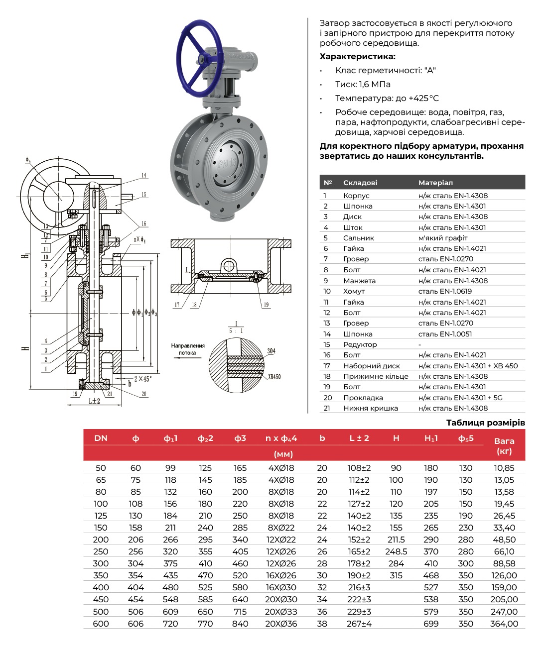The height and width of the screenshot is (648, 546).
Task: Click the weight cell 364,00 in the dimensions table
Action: point(504,624)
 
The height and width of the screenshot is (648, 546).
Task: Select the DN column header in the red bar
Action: point(101,438)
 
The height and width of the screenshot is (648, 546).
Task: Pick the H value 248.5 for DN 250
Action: point(396,551)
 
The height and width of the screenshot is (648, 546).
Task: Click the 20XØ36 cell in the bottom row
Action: point(281,624)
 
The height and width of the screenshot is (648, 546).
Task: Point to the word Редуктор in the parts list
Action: point(360,344)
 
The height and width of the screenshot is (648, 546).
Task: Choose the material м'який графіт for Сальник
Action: point(443,238)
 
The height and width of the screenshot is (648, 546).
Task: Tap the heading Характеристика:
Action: point(357,56)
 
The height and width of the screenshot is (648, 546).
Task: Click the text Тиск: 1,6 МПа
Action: point(363,84)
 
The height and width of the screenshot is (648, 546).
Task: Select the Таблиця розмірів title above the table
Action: point(485,423)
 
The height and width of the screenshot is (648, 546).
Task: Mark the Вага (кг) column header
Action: point(504,446)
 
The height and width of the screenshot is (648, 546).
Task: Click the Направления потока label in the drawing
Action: point(188,349)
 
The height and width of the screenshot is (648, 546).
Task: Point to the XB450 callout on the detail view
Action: point(274,377)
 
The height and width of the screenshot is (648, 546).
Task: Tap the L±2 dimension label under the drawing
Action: point(94,401)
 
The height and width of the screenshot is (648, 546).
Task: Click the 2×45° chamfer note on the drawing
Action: point(142,379)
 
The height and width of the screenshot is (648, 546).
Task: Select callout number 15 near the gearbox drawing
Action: point(143,195)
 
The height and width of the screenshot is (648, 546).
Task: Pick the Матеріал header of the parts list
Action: point(435,183)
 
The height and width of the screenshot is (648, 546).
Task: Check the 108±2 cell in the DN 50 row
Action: point(359,468)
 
